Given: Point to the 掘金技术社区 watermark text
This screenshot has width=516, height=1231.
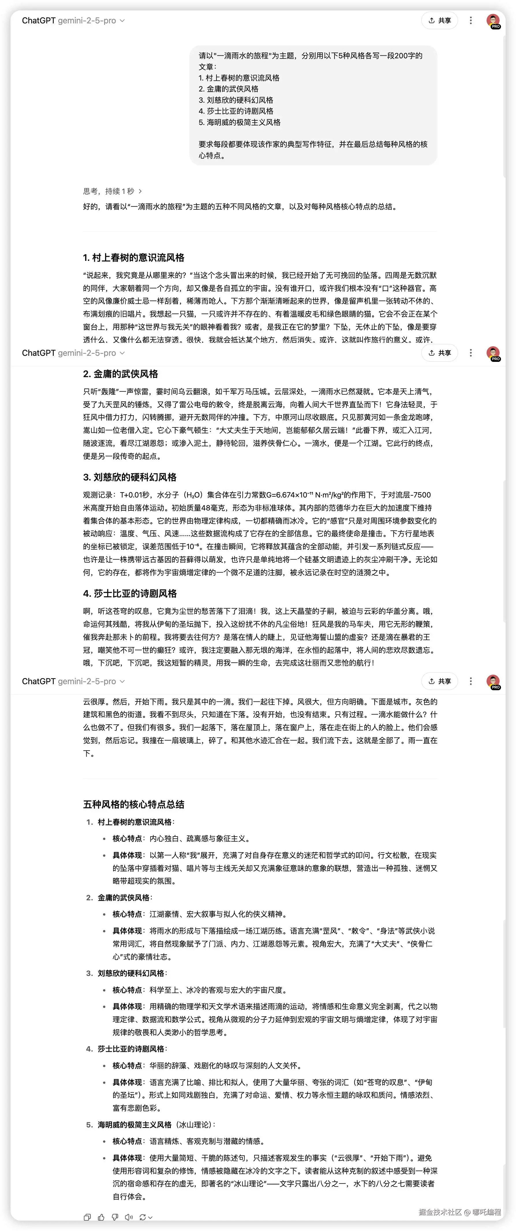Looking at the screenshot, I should (440, 1212).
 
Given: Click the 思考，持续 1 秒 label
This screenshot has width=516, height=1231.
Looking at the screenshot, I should (109, 191).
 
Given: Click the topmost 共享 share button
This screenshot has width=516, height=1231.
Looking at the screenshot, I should (440, 20).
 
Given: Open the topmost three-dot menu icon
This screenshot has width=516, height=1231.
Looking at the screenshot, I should (471, 20).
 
